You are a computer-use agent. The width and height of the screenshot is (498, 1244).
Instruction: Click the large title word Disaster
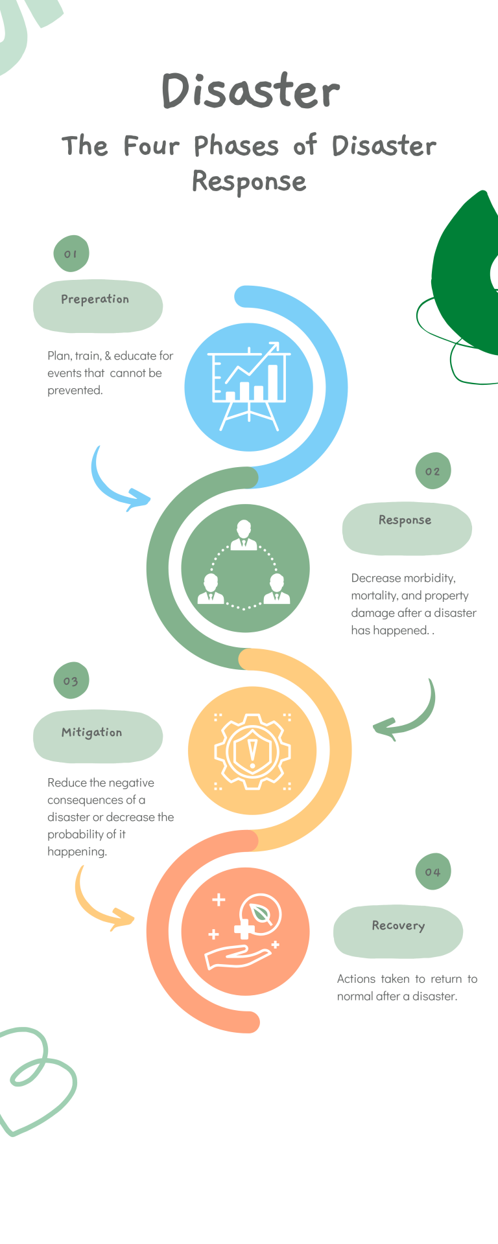click(x=250, y=91)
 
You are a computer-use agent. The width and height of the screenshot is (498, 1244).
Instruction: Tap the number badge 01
click(x=71, y=254)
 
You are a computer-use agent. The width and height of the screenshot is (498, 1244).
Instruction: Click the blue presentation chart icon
click(x=249, y=387)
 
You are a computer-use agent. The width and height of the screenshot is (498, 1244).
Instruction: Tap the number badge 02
click(x=433, y=471)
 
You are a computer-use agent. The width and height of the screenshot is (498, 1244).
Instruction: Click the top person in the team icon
click(x=244, y=535)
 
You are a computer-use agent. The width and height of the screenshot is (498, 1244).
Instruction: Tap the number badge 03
click(x=71, y=681)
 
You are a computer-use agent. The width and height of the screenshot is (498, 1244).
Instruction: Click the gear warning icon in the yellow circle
click(x=252, y=751)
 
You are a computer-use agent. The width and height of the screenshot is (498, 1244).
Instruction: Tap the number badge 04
click(x=433, y=871)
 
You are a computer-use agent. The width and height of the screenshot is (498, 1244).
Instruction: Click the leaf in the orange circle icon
click(x=262, y=913)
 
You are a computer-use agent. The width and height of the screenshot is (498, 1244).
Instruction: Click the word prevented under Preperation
click(x=75, y=390)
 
